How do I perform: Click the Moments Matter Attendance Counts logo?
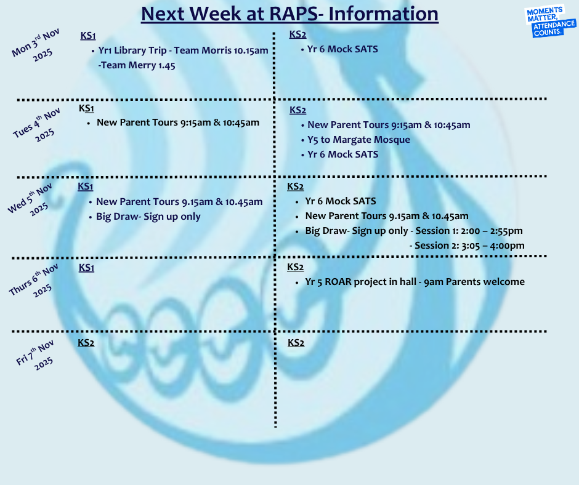tap(550, 22)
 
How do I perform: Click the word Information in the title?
tap(383, 14)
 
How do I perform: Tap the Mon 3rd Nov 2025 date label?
tap(36, 46)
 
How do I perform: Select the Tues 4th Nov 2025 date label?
tap(38, 126)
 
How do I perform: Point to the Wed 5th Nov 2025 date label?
tap(31, 200)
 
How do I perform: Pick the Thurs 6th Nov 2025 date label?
tap(34, 281)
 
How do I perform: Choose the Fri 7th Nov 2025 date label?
tap(36, 356)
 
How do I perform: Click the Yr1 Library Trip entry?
tap(183, 50)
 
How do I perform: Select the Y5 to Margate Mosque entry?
tap(358, 140)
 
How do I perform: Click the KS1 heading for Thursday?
tap(86, 268)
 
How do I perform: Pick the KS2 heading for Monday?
tap(298, 34)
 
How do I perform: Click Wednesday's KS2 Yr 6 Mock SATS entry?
tap(341, 201)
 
